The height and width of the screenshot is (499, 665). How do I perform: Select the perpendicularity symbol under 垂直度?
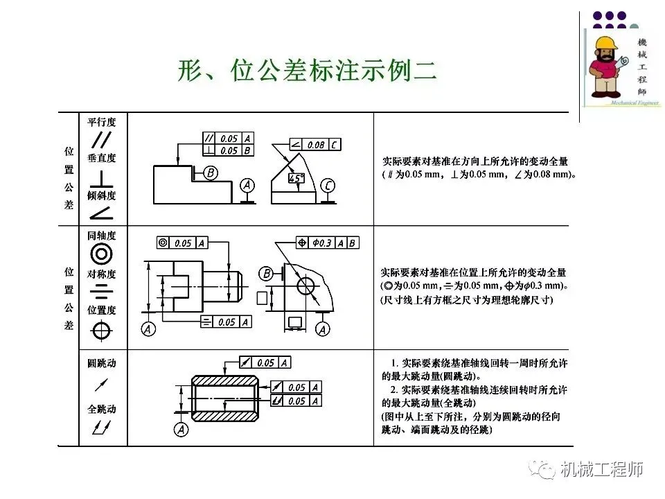click(x=102, y=177)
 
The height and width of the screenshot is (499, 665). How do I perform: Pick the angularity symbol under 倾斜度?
click(x=101, y=211)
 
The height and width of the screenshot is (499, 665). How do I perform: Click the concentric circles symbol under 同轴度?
click(x=101, y=254)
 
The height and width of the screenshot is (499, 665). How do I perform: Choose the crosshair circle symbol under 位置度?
click(x=101, y=331)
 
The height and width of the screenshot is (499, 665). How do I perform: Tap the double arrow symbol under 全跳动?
click(x=100, y=428)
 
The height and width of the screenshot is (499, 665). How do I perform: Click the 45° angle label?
click(x=296, y=179)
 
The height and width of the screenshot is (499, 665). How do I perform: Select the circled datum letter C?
click(x=328, y=185)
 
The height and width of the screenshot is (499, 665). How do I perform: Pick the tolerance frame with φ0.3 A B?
click(x=327, y=243)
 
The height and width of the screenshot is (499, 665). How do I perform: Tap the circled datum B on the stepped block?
click(x=211, y=171)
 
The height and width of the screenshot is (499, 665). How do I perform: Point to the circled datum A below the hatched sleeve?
click(x=181, y=430)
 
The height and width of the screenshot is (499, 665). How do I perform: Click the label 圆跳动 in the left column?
click(x=101, y=364)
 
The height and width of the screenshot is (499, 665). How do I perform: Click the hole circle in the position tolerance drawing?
click(x=305, y=286)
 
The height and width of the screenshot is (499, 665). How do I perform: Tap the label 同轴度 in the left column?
click(x=101, y=236)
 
